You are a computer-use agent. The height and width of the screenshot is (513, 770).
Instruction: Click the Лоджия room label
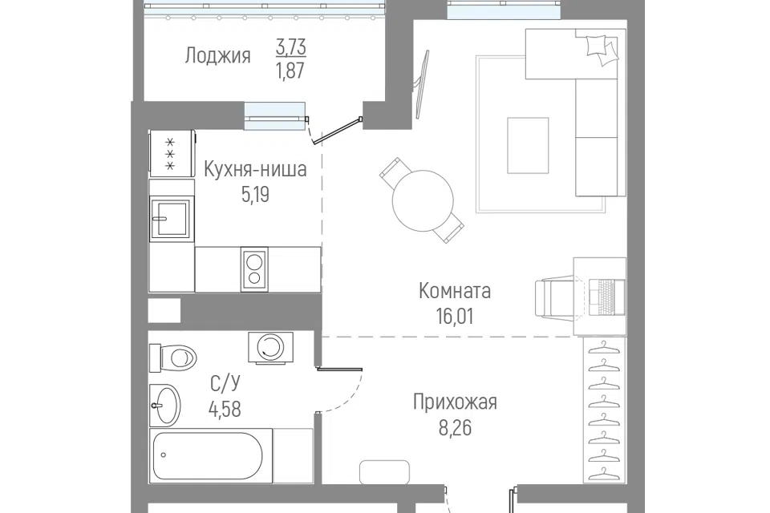217,56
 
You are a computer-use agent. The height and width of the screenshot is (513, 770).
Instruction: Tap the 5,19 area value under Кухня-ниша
255,195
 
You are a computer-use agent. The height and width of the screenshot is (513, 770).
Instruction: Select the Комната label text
455,291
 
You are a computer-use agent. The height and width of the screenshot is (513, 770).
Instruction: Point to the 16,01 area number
455,316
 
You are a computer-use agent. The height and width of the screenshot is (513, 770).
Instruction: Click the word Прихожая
455,402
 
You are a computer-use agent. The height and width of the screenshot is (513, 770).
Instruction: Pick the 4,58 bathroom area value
225,409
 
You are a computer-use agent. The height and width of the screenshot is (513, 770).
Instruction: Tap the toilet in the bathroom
173,358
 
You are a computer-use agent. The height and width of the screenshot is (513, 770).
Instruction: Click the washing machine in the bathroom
270,348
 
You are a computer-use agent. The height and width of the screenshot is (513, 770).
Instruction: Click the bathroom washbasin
165,406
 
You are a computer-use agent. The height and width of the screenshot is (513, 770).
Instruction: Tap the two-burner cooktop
254,269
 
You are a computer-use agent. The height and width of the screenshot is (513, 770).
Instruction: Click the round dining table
423,200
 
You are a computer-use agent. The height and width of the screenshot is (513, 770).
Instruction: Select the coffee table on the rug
528,145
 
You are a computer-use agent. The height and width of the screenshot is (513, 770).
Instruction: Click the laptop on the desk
607,297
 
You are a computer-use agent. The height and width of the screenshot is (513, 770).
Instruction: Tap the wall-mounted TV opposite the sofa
421,84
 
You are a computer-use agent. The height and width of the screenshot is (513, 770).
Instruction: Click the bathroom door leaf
340,370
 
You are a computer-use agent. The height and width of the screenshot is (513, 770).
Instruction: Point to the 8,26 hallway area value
455,427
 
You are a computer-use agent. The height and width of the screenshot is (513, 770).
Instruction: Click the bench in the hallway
384,472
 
